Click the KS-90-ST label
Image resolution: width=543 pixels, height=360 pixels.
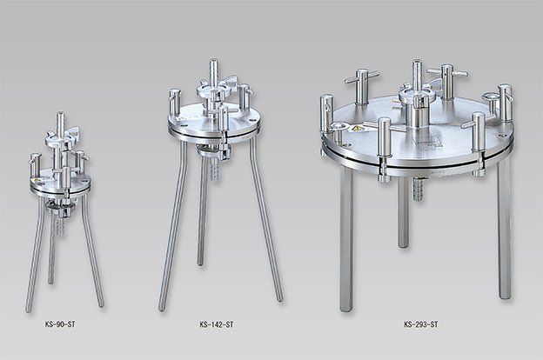point(60,324)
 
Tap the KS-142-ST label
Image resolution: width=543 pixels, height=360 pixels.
point(217,324)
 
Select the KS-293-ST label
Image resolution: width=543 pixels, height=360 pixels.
point(421,324)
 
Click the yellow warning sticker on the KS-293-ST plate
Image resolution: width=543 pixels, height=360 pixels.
point(357,130)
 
